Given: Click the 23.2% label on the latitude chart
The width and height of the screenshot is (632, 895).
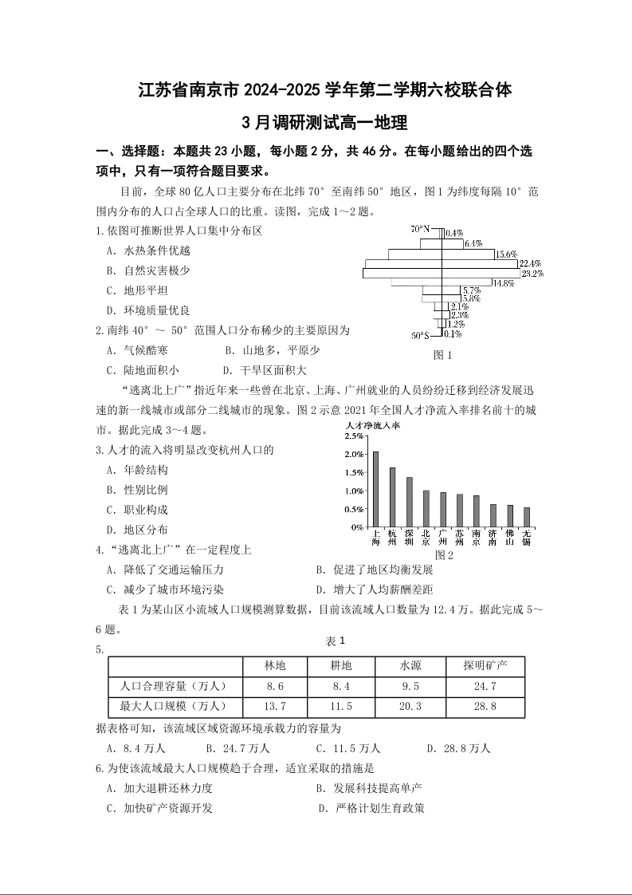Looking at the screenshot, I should pyautogui.click(x=532, y=274).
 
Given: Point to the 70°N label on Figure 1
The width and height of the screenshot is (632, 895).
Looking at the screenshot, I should pyautogui.click(x=419, y=230).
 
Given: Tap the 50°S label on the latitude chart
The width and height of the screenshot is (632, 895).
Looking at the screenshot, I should pyautogui.click(x=420, y=335).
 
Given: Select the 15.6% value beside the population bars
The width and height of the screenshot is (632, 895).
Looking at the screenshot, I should pyautogui.click(x=506, y=254).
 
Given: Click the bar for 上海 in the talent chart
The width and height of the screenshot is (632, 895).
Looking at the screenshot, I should pyautogui.click(x=375, y=489).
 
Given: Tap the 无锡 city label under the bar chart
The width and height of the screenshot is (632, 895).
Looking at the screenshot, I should pyautogui.click(x=527, y=537).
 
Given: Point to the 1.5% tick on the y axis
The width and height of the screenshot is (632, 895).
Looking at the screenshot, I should pyautogui.click(x=353, y=473).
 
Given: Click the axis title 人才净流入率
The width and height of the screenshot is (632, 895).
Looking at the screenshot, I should pyautogui.click(x=373, y=426).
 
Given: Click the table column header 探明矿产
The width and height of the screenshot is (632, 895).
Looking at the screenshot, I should pyautogui.click(x=485, y=665).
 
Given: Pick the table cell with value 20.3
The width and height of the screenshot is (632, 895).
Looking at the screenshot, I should pyautogui.click(x=410, y=706).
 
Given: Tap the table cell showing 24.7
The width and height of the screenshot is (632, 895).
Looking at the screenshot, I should pyautogui.click(x=485, y=686).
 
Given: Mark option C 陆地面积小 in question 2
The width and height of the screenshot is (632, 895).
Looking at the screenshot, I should pyautogui.click(x=143, y=370).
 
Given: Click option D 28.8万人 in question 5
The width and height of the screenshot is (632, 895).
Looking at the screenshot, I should pyautogui.click(x=458, y=748).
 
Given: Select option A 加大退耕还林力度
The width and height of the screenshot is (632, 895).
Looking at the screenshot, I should pyautogui.click(x=159, y=788).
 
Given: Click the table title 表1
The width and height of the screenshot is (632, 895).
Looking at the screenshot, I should pyautogui.click(x=335, y=641).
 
